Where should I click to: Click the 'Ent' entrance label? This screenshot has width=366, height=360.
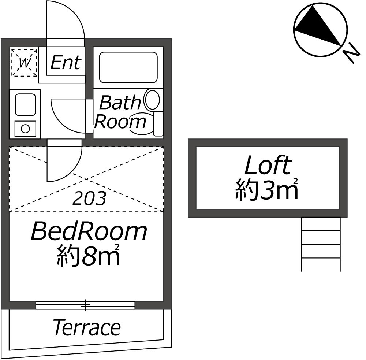(65, 62)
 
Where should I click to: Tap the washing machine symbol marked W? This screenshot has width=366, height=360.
(24, 62)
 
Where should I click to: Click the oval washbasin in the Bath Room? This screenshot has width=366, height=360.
(152, 100)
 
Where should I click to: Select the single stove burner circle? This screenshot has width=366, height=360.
(25, 129)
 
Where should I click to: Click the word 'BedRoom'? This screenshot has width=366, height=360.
(89, 232)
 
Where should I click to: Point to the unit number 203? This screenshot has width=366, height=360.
(90, 198)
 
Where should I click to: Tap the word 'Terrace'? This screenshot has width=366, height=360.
(87, 327)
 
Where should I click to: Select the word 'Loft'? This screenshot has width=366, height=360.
(268, 166)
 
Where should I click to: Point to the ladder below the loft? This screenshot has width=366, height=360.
(321, 244)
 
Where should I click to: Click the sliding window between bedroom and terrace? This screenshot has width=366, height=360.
(86, 305)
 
